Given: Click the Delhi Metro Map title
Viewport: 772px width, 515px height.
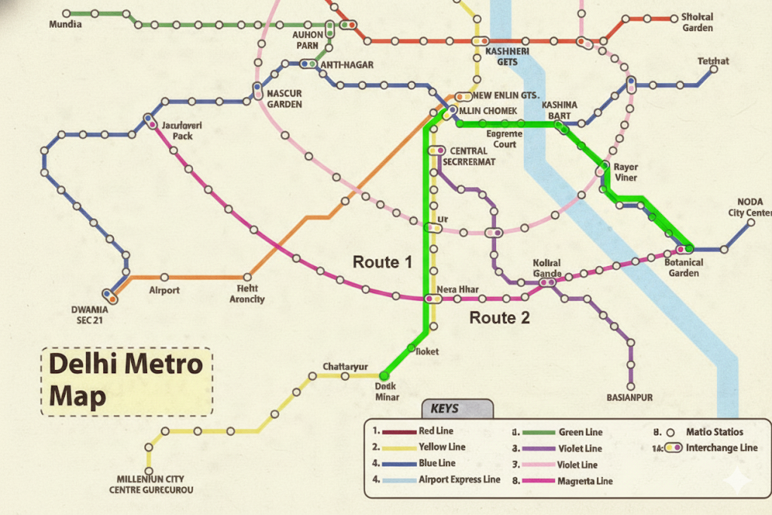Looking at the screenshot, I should (126, 381).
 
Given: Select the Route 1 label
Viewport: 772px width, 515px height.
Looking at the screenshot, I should (382, 262).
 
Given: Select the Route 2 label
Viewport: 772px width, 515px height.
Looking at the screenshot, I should (499, 317).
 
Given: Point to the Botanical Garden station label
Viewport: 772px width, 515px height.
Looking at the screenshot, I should (683, 268).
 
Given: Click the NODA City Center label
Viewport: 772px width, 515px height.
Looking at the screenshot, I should (748, 207).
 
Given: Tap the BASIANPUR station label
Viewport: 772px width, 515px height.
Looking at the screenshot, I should (629, 397).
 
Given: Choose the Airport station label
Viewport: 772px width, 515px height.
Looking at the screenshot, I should (164, 290).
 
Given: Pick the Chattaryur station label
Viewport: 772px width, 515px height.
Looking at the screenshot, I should (345, 366).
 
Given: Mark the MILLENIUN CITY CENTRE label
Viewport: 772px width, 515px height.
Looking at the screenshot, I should (150, 484).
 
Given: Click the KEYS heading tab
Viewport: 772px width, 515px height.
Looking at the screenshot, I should (444, 409).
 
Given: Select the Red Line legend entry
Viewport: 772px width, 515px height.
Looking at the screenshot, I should (436, 431).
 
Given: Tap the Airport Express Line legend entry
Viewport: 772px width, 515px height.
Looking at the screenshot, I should (458, 480).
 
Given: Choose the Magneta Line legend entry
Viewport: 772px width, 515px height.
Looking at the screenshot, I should (584, 481).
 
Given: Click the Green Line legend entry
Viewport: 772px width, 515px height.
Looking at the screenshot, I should (580, 432).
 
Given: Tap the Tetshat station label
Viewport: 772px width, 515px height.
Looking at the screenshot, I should (713, 61).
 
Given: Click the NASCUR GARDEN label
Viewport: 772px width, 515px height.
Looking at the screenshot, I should (284, 99).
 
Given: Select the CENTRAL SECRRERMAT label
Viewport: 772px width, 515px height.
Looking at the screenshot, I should (469, 156).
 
